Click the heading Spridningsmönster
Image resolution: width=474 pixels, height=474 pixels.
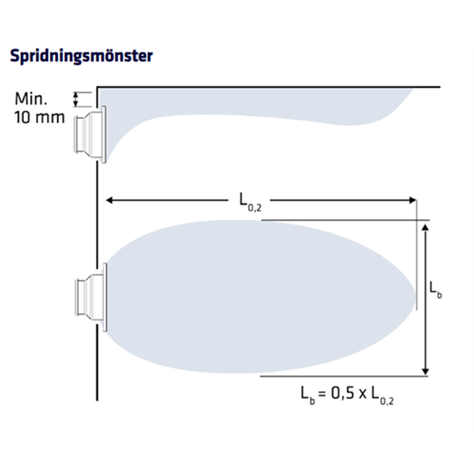81,56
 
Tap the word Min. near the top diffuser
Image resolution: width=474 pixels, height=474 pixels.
31,99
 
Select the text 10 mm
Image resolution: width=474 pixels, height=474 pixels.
39,117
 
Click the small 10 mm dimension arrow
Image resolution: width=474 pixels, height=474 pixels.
76,100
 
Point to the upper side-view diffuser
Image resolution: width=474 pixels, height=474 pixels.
90,134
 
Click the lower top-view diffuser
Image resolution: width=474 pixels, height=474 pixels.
91,298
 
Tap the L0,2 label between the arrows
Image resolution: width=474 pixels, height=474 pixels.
250,201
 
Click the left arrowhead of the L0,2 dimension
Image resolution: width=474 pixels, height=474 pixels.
110,200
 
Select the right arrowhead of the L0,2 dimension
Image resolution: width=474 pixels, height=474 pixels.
412,200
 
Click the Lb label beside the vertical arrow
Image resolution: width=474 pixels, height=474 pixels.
435,291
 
